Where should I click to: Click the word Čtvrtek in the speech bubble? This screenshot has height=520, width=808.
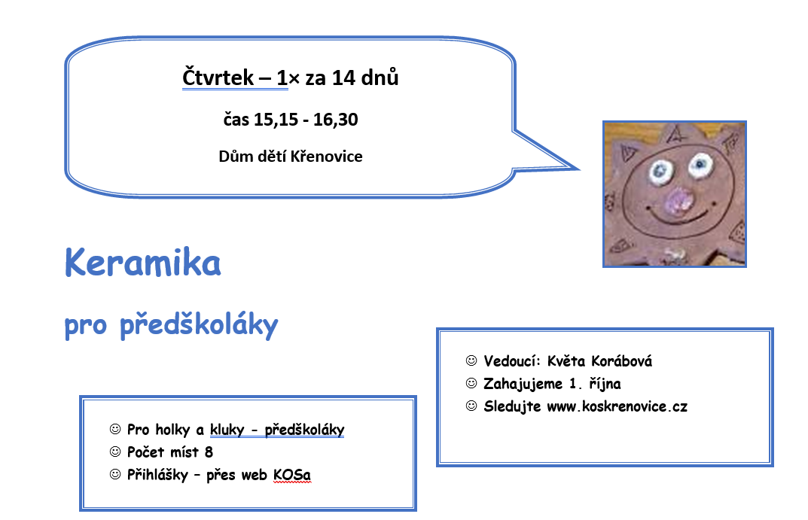tap(218, 78)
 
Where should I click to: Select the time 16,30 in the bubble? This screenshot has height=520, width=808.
tap(335, 120)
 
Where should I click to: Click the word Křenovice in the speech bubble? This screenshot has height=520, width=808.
tap(326, 156)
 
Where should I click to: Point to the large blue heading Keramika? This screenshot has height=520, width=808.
tap(143, 263)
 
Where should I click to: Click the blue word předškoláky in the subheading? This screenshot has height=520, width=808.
tap(199, 325)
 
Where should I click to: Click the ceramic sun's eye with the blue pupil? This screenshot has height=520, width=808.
tap(700, 166)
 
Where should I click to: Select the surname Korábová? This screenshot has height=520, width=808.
tap(621, 361)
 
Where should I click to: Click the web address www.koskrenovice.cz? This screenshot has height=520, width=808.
tap(617, 406)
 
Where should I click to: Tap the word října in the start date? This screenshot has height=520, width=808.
tap(605, 384)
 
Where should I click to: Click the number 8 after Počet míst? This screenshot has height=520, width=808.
tap(209, 452)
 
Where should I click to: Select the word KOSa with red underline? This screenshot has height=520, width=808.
tap(292, 475)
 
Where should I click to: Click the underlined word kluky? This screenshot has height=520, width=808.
tap(227, 430)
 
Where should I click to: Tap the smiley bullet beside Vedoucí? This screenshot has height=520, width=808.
tap(471, 360)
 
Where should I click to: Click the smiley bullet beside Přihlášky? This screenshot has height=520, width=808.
tap(115, 474)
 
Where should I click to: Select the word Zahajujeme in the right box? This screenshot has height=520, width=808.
tap(523, 384)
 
